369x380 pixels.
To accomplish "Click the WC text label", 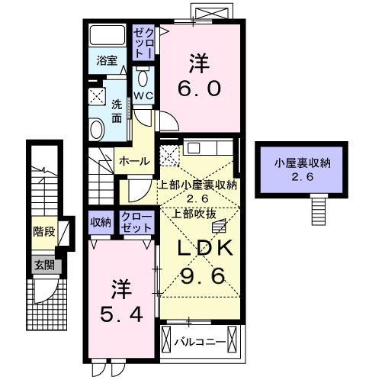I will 144,95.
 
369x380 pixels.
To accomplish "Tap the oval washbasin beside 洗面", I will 97,130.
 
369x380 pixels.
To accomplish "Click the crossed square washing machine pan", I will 98,95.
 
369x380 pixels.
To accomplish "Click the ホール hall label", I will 133,161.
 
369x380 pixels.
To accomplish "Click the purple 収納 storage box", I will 100,222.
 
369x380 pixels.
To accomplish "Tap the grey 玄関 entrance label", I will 42,265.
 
